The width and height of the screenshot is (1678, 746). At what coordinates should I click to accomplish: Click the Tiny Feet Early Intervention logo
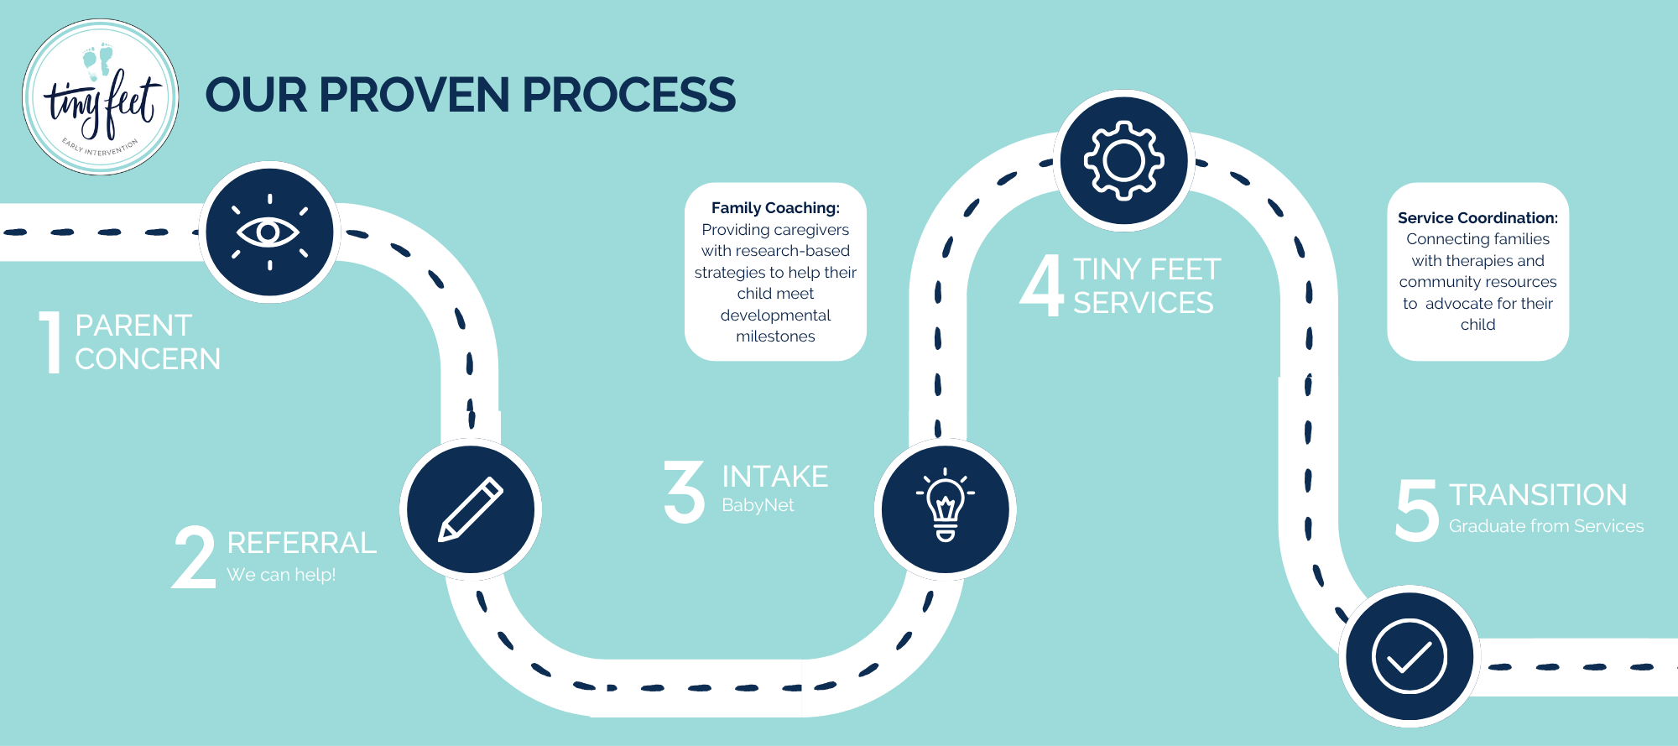[101, 97]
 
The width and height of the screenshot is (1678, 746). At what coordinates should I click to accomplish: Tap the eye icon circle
[269, 232]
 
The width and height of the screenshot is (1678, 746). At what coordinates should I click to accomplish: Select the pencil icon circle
[471, 509]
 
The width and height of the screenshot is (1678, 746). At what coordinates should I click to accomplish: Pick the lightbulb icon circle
[946, 509]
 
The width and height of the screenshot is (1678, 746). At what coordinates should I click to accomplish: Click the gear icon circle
[1123, 160]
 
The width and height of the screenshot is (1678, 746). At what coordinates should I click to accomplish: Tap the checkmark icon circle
[1410, 656]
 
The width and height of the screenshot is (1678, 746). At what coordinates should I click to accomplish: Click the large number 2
[195, 557]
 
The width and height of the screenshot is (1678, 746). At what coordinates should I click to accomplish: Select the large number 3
[685, 492]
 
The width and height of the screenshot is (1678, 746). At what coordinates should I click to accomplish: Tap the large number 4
[1042, 286]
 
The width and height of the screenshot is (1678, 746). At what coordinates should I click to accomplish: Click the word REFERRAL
[302, 543]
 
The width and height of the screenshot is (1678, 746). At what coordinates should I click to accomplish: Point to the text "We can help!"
[281, 575]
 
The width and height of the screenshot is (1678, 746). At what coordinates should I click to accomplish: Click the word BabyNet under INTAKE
[758, 505]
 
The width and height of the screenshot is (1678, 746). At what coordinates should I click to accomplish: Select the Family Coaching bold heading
[775, 208]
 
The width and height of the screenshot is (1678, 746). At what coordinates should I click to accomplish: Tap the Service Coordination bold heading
[1477, 218]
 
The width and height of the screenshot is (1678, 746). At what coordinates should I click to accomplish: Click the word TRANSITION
[1538, 495]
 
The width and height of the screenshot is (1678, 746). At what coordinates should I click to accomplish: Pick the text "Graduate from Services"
[1546, 526]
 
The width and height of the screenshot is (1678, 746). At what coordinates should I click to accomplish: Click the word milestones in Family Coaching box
[775, 336]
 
